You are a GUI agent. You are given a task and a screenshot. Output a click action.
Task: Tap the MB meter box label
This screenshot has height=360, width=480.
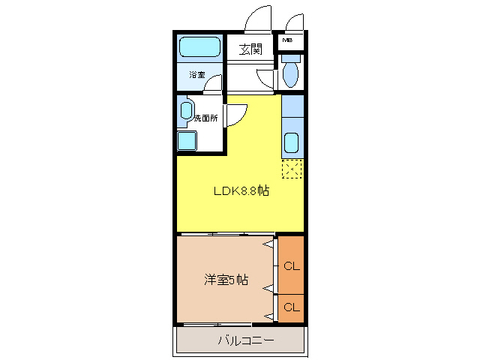click(x=287, y=40)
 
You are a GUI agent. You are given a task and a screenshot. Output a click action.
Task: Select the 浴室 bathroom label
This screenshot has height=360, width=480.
click(x=196, y=74)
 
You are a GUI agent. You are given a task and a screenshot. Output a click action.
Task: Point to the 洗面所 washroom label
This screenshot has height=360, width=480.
click(x=205, y=118)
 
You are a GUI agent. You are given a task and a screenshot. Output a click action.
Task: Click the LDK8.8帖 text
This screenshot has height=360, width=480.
click(x=241, y=190)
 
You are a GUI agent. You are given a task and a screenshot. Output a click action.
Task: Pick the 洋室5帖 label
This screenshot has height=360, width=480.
click(x=226, y=280)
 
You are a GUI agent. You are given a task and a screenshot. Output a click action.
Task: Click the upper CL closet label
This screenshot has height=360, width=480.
click(x=291, y=265)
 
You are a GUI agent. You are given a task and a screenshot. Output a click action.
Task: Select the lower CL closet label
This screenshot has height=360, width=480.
click(x=291, y=307)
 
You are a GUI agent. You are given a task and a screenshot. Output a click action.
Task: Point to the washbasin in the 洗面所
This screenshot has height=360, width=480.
click(x=187, y=110)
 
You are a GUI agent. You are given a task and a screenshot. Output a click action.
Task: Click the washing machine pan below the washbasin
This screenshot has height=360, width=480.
click(x=186, y=140)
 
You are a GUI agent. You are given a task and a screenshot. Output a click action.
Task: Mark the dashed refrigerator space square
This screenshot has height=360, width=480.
click(x=292, y=169)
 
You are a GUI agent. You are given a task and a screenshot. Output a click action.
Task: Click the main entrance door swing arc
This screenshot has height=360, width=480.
click(x=258, y=18)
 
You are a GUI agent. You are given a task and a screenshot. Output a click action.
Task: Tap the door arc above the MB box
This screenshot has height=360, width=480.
click(x=293, y=22)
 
